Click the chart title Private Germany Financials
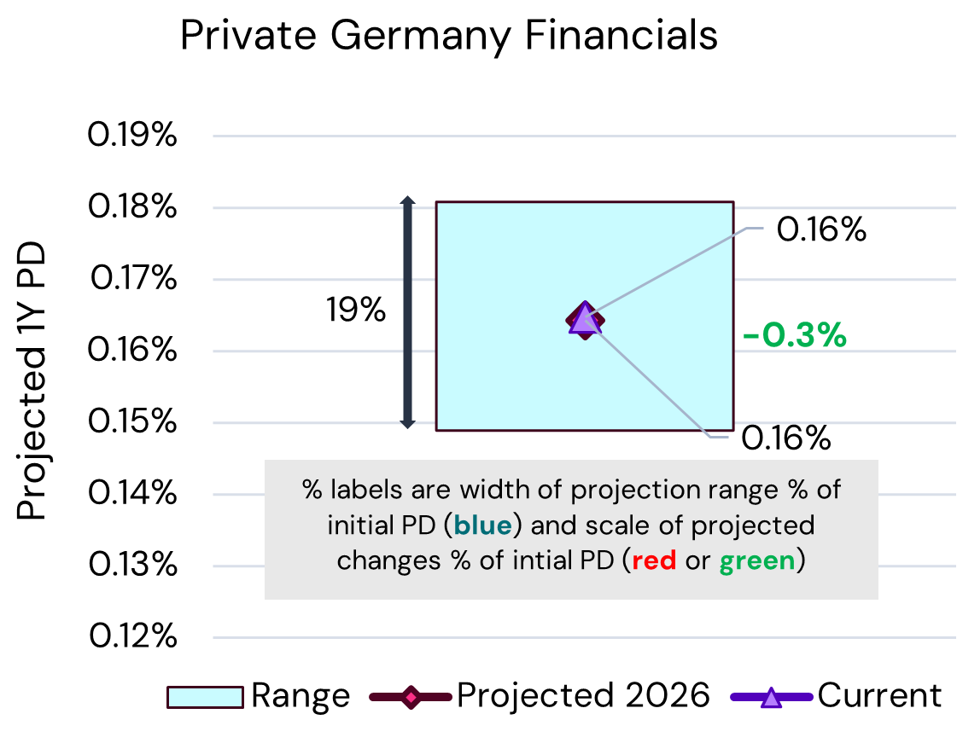448,37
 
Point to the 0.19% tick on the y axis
132,136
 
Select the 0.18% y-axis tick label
132,207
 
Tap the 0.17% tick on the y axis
132,279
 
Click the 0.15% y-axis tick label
132,422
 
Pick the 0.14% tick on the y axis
132,494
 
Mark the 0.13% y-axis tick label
132,566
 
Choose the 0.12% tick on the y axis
132,637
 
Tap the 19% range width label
355,311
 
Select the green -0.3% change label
795,336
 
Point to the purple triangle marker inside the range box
583,317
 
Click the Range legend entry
259,696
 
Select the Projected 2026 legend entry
540,696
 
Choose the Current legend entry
837,696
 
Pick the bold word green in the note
756,561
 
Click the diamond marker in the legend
411,697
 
